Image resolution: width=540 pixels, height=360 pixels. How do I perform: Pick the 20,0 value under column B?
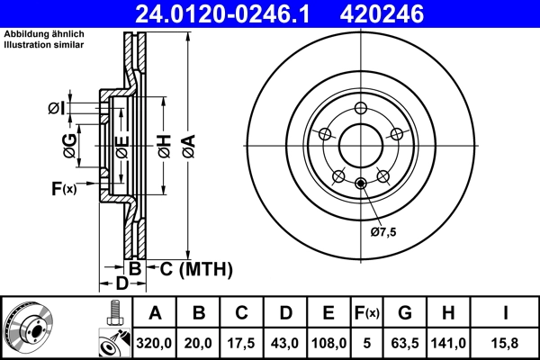click(199, 342)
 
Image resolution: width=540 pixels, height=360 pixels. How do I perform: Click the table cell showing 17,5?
click(242, 342)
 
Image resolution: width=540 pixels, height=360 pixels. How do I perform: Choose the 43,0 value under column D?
click(285, 342)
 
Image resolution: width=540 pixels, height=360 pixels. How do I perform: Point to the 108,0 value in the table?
click(328, 342)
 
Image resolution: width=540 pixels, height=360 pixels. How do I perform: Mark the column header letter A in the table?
click(155, 313)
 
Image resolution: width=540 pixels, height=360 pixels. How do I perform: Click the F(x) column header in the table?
click(366, 313)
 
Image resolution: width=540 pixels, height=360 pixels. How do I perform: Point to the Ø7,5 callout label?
click(382, 231)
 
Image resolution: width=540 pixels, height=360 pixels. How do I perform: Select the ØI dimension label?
click(56, 109)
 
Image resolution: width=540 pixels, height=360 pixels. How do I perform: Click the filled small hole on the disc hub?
click(361, 185)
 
